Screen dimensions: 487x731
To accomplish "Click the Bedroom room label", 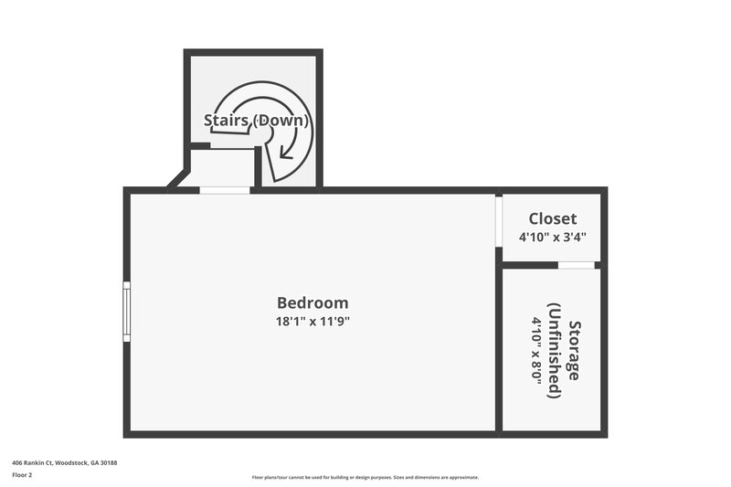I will point(313,302).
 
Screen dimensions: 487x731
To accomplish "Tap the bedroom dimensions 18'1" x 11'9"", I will point(313,321).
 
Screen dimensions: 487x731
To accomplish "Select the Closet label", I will point(553,218).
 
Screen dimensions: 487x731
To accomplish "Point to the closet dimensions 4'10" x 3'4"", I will point(553,237).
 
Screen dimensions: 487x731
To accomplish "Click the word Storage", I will point(574,350).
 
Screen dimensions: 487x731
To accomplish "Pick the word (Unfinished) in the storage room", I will point(554,350).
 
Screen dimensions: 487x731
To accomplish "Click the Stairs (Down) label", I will point(256,120).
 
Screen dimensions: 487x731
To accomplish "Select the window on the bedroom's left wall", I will point(126,312).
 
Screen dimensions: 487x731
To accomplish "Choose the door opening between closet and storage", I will point(576,265).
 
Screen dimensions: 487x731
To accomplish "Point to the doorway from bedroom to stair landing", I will point(225,190).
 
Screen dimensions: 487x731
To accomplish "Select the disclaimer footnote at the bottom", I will point(365,477).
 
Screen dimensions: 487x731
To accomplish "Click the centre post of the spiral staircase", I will point(264,134).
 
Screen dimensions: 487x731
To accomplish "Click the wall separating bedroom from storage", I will point(498,347).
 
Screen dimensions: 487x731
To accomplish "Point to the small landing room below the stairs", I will point(222,167).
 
